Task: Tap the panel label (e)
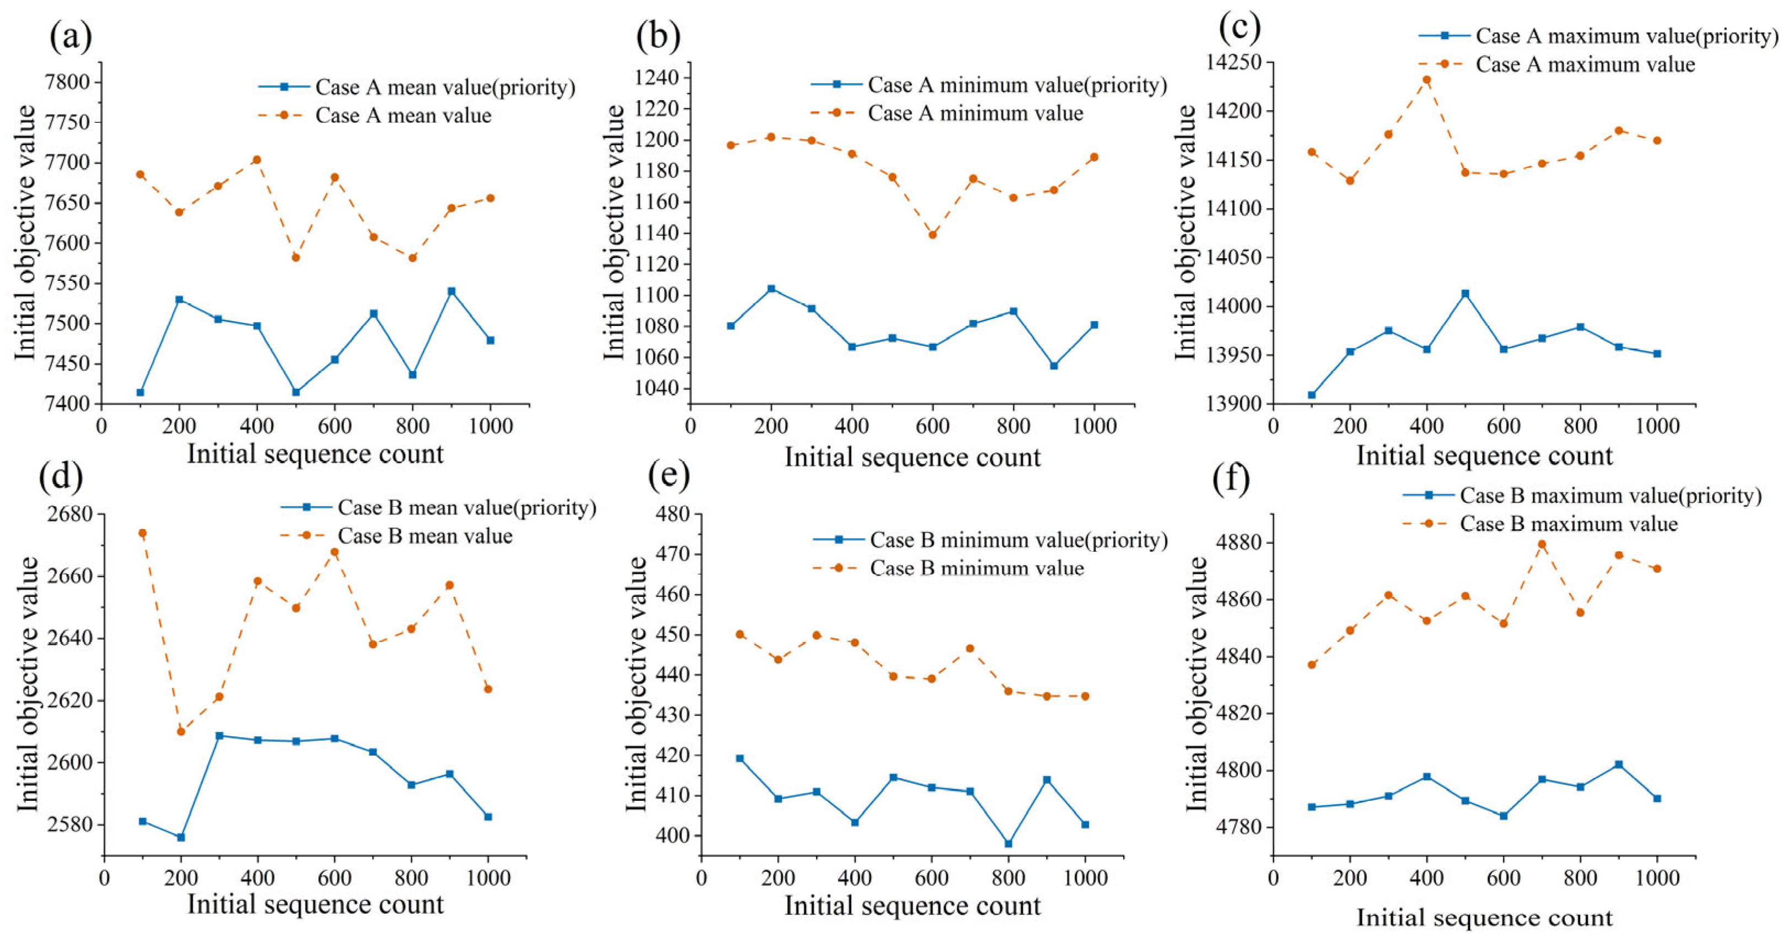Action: coord(668,475)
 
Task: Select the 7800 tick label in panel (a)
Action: coord(67,83)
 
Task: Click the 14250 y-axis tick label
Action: coord(1233,62)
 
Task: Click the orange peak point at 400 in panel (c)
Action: coord(1427,80)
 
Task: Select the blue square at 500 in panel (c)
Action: coord(1465,294)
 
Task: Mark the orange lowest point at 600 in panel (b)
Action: coord(933,235)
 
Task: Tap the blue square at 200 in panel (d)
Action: coord(181,837)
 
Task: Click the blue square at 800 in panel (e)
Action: coord(1008,843)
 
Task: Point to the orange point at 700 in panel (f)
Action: coord(1542,544)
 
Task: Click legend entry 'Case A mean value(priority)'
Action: coord(417,88)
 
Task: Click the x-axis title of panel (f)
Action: coord(1484,918)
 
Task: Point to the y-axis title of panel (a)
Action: coord(25,232)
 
